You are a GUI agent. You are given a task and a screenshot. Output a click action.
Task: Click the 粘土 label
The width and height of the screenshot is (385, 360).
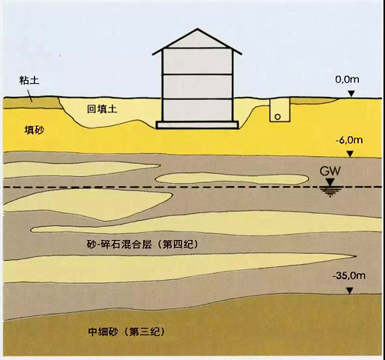coord(29,81)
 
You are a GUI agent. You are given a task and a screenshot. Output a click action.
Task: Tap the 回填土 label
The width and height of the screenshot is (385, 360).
coord(102,109)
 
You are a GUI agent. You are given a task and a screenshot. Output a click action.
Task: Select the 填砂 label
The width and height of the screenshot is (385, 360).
coord(35,130)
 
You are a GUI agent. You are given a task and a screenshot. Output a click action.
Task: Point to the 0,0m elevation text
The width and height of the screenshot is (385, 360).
coord(347,79)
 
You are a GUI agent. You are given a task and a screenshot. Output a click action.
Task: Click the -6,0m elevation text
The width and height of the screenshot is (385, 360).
coord(349,140)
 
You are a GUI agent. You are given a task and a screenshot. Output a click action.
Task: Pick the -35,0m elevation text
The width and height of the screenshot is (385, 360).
coord(349,276)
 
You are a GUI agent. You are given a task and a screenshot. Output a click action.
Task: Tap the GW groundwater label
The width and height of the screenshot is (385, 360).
coord(330,171)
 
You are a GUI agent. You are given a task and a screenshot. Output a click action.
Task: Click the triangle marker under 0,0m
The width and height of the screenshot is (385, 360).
coord(351,94)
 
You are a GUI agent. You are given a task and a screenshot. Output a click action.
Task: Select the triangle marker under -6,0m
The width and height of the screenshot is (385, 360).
coord(350,154)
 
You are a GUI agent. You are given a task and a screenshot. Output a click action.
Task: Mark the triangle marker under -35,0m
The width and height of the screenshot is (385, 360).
coord(350,291)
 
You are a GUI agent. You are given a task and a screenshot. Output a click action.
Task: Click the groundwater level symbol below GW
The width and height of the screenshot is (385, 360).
coord(330,188)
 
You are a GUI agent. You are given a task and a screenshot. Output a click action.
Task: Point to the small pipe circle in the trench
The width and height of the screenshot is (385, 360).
coord(277,117)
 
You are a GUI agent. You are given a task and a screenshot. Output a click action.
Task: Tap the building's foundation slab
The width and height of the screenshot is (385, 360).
coord(197,125)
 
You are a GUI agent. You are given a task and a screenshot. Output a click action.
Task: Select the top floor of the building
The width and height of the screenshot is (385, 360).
coord(197,62)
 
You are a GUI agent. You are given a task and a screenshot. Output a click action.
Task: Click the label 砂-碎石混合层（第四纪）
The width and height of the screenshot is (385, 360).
coord(142,245)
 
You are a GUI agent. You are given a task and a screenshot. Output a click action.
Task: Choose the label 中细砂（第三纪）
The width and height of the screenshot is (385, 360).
coord(126,332)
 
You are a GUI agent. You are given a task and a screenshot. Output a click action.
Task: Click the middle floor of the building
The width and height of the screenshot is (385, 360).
coord(197,86)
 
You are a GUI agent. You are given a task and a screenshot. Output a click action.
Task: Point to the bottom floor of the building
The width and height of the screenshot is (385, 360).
coord(197,110)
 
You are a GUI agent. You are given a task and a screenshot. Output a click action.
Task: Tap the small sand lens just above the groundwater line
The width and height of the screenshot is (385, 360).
coord(232,178)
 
